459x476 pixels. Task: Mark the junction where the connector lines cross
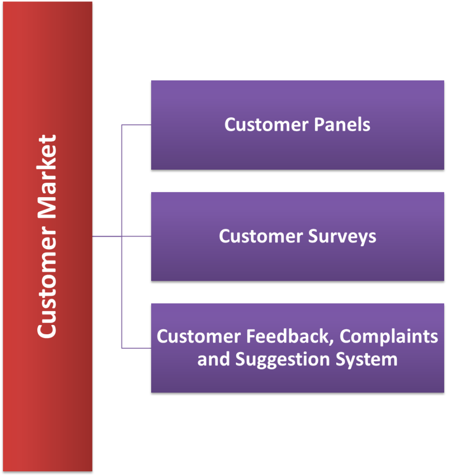tap(121, 236)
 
